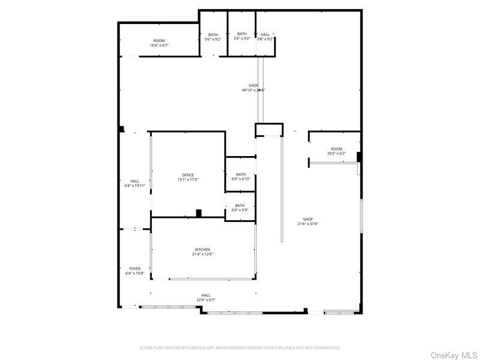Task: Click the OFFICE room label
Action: pyautogui.click(x=188, y=175)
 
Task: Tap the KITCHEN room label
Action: pyautogui.click(x=202, y=250)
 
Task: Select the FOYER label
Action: pyautogui.click(x=135, y=269)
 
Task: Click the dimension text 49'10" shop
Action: pyautogui.click(x=253, y=91)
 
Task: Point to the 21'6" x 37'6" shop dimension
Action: pyautogui.click(x=308, y=224)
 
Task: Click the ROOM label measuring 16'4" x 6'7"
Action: pyautogui.click(x=159, y=41)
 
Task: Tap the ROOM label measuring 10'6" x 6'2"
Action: pyautogui.click(x=336, y=149)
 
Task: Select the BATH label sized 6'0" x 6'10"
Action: pyautogui.click(x=241, y=175)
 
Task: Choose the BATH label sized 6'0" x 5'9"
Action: pyautogui.click(x=240, y=206)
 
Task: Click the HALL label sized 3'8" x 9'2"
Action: pyautogui.click(x=265, y=34)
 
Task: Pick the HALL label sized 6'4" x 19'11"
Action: pyautogui.click(x=135, y=181)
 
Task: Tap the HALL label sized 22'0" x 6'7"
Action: pyautogui.click(x=206, y=295)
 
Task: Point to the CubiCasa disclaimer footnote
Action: pyautogui.click(x=240, y=347)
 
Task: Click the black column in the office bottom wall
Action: pyautogui.click(x=199, y=212)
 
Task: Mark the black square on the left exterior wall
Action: pyautogui.click(x=121, y=128)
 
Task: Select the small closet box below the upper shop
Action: pyautogui.click(x=269, y=130)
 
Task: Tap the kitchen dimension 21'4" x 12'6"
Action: pyautogui.click(x=202, y=254)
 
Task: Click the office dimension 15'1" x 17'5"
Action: pyautogui.click(x=188, y=179)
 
